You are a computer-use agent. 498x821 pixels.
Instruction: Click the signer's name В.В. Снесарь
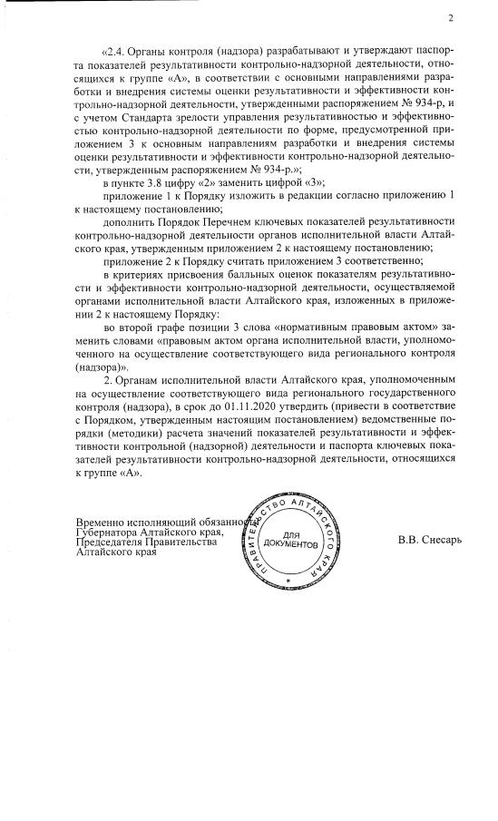click(430, 542)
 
